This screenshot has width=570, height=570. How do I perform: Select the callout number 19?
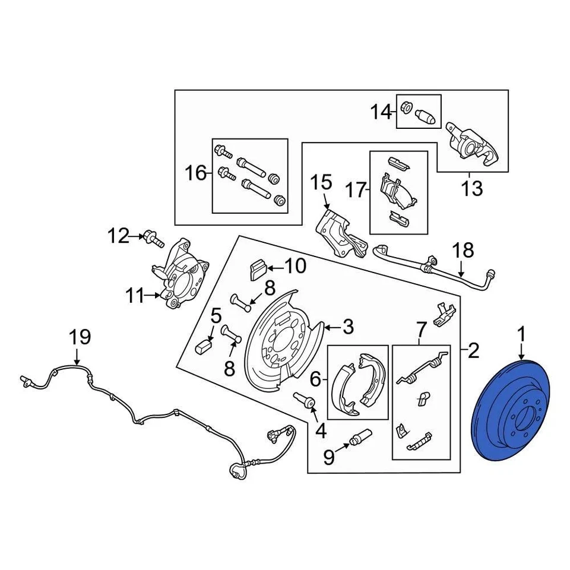(x=80, y=337)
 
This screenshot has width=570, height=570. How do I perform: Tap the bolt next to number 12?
(x=153, y=239)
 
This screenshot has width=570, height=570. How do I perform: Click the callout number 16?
(x=195, y=174)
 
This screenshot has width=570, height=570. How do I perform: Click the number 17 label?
(x=357, y=190)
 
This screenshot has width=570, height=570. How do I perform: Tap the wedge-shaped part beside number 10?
(x=256, y=270)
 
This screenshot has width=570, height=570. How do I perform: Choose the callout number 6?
(x=315, y=378)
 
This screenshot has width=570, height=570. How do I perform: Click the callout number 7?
(x=421, y=327)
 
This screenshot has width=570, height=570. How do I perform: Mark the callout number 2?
(x=473, y=352)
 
